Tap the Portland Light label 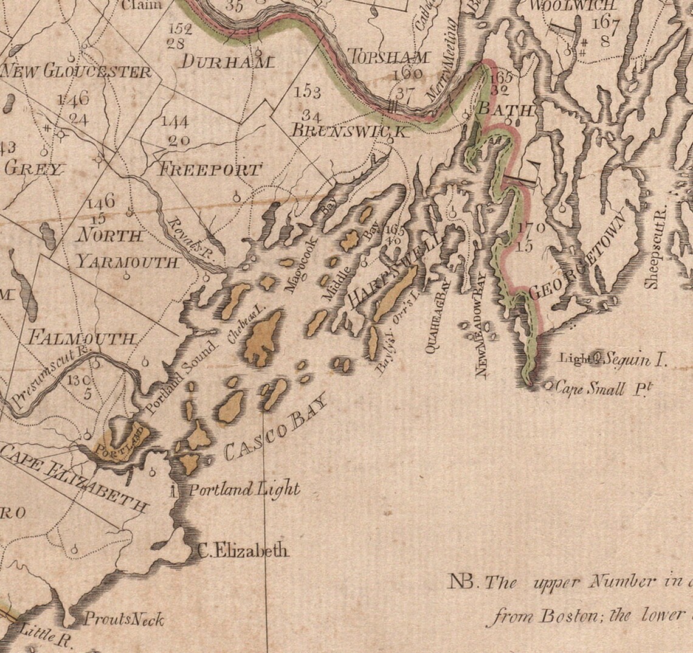244,489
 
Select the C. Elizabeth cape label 244,551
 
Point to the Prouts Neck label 123,620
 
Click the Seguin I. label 636,359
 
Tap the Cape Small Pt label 599,389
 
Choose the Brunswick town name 348,131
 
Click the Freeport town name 210,170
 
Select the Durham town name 228,61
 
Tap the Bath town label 506,110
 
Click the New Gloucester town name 75,72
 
